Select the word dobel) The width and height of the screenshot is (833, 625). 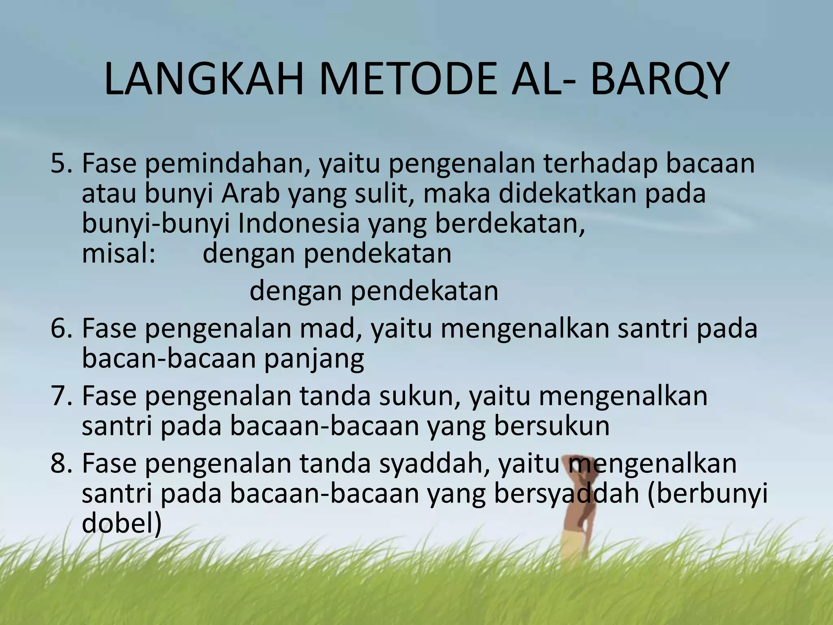point(122,524)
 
